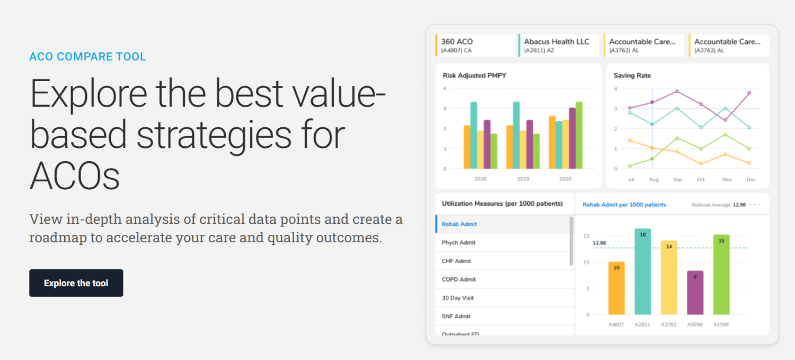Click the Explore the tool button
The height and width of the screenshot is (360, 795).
(x=76, y=283)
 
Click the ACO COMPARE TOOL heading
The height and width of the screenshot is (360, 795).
(x=87, y=56)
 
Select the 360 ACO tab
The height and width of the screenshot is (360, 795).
(x=475, y=45)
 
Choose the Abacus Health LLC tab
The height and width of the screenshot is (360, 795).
(x=559, y=45)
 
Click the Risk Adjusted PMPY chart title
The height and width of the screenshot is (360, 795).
(x=474, y=75)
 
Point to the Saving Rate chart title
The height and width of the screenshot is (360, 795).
(x=632, y=75)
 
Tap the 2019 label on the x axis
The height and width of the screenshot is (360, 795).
(x=523, y=179)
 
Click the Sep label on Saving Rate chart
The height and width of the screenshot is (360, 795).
(x=677, y=180)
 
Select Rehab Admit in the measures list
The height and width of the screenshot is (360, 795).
(x=459, y=224)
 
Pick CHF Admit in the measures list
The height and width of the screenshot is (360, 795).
(x=456, y=261)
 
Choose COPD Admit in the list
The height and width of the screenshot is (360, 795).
(x=458, y=279)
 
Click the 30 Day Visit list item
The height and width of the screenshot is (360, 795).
(x=457, y=298)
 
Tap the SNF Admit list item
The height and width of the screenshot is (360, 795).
(x=456, y=317)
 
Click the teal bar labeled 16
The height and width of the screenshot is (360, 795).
(x=643, y=271)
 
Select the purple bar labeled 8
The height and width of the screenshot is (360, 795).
(x=695, y=293)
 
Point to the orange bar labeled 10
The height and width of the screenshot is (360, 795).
(x=616, y=288)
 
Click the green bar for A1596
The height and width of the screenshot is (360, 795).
(x=721, y=275)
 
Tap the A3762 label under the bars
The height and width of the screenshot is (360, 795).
(x=669, y=324)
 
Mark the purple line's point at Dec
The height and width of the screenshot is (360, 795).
(x=749, y=93)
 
